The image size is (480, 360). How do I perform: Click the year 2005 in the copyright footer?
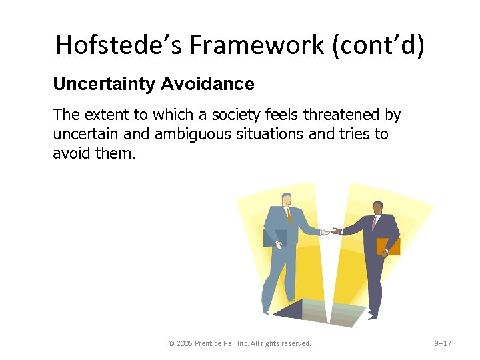tap(185, 343)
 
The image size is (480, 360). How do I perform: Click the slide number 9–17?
tap(443, 343)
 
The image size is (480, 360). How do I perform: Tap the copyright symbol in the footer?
tap(171, 343)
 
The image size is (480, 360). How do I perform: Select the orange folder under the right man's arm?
tap(387, 246)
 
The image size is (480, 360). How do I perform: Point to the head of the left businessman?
tap(287, 199)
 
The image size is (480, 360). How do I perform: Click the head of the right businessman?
tap(377, 208)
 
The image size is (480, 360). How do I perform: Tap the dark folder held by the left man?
tap(276, 237)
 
